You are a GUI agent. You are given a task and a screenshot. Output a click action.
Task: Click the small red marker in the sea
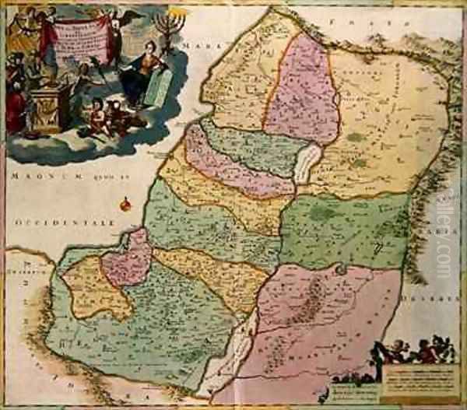(x=125, y=206)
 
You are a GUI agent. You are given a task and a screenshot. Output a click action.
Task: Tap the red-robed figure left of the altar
(x=14, y=105)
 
